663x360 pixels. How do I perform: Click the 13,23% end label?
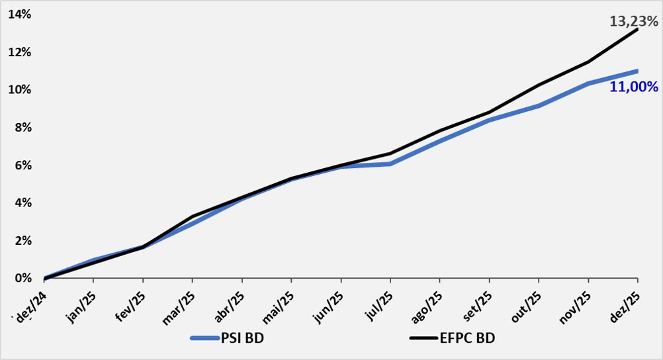(633, 22)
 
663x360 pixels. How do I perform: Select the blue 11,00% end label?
(634, 87)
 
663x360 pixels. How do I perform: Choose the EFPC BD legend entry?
(467, 338)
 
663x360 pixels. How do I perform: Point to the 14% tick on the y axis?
(20, 15)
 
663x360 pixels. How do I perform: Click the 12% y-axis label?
(20, 52)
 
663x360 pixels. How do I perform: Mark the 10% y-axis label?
(20, 90)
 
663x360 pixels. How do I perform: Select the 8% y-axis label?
(22, 128)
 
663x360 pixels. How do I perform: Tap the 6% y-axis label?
(22, 165)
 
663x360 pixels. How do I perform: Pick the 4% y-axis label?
(22, 202)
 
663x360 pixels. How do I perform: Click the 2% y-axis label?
(22, 240)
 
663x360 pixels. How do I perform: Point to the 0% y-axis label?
(22, 278)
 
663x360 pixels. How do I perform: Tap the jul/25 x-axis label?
(380, 302)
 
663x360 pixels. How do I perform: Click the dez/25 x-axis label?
(627, 303)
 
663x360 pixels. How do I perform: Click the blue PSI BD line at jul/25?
(390, 163)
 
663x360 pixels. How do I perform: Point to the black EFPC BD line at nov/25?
(588, 62)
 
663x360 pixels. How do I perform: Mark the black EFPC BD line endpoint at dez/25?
(637, 29)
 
